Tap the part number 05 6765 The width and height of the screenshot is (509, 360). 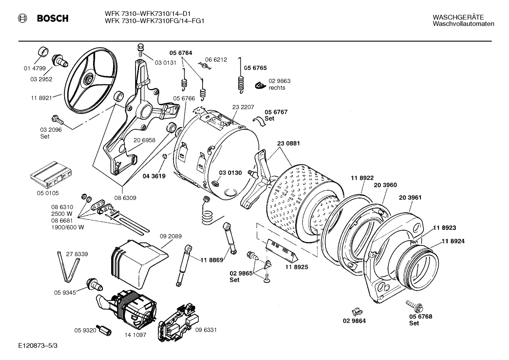[x=256, y=68]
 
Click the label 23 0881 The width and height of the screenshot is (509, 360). [x=288, y=143]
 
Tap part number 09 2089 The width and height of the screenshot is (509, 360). [x=170, y=236]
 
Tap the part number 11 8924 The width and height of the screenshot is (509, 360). [x=453, y=241]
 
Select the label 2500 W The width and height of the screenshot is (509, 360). [x=62, y=214]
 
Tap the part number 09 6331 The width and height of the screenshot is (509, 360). [x=206, y=330]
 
